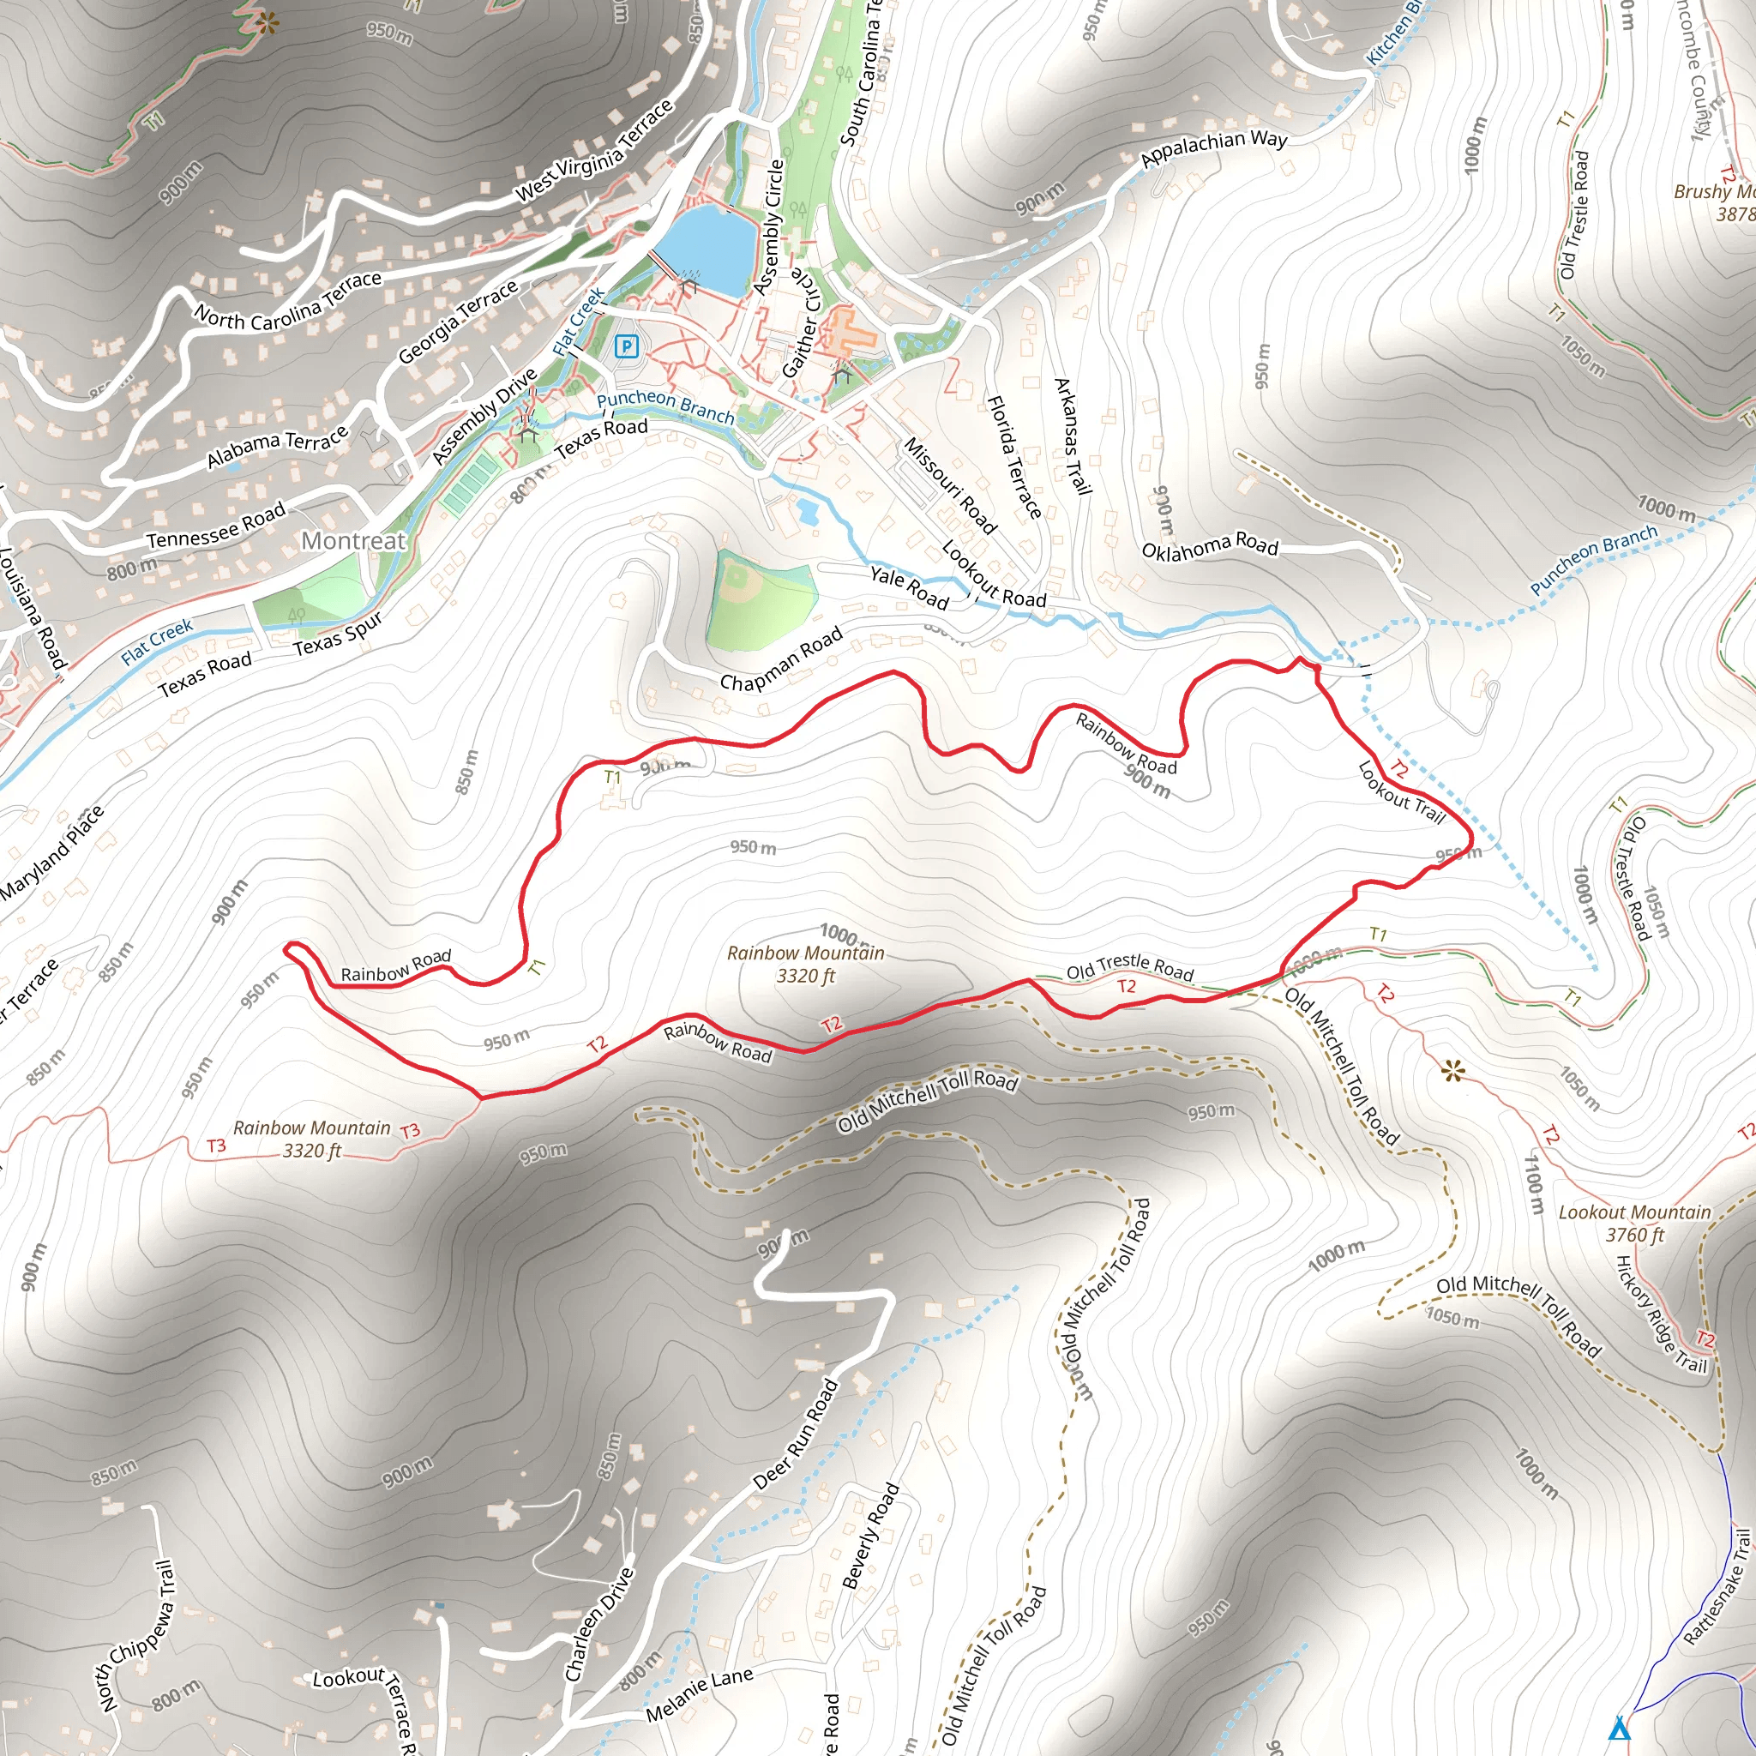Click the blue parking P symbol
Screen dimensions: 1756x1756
(x=626, y=346)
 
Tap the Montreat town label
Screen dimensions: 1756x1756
(x=352, y=541)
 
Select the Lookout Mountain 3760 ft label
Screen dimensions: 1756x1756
(x=1633, y=1223)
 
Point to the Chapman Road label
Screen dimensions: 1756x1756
(x=781, y=659)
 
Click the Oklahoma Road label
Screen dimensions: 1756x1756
(x=1209, y=548)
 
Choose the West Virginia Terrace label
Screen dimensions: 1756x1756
(x=594, y=150)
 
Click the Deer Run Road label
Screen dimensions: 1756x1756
(x=796, y=1434)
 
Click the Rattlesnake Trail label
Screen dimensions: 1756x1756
(x=1716, y=1587)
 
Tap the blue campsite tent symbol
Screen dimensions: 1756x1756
(x=1619, y=1727)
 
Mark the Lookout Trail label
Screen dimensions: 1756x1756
(x=1401, y=791)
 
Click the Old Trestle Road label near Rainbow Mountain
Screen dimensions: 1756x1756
(x=1130, y=968)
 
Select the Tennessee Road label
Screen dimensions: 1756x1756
(x=216, y=526)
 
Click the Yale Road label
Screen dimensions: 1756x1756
(x=909, y=587)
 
